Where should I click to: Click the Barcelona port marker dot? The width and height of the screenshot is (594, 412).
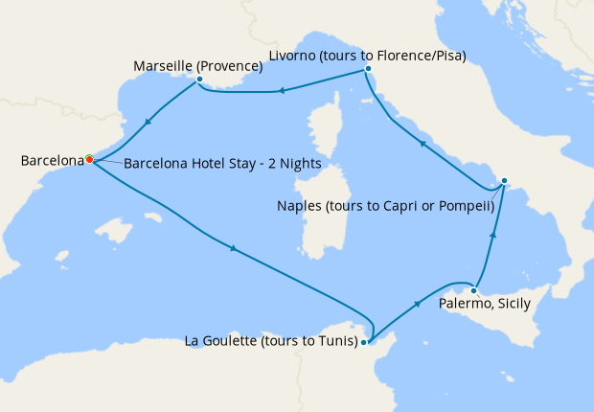click(x=88, y=159)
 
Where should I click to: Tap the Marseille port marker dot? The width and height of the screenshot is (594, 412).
click(x=199, y=80)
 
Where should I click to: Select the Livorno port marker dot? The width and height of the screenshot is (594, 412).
click(x=368, y=70)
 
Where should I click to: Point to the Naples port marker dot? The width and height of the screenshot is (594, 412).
click(x=505, y=179)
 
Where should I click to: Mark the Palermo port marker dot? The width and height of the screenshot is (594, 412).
click(x=473, y=289)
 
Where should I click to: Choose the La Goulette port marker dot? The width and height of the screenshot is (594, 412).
click(x=364, y=341)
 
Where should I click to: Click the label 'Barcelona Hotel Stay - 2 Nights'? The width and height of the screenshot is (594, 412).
click(x=222, y=163)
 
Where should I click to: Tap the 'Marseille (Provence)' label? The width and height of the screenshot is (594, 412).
click(x=197, y=65)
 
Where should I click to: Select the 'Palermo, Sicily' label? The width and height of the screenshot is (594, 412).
click(x=484, y=304)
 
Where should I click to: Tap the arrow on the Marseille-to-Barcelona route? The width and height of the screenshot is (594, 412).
click(x=148, y=122)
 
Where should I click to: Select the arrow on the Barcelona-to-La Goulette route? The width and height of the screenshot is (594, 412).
click(x=233, y=250)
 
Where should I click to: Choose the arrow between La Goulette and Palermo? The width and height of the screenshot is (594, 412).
click(x=418, y=303)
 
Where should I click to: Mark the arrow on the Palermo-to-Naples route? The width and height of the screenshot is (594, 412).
click(x=493, y=233)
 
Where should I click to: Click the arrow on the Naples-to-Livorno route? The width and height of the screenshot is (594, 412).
click(x=422, y=143)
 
